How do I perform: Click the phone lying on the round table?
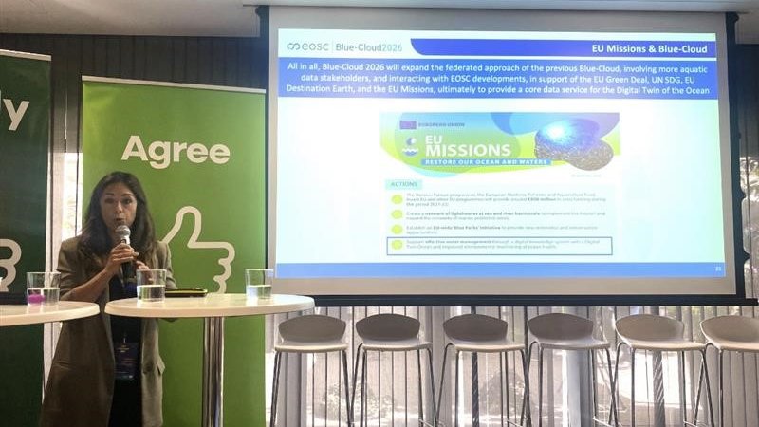[x=186, y=292]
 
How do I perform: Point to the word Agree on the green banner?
[x=176, y=150]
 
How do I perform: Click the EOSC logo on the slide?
[x=306, y=46]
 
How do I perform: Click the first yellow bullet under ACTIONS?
[x=397, y=199]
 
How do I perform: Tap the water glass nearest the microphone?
[x=151, y=285]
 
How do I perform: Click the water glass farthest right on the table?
[x=259, y=284]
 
